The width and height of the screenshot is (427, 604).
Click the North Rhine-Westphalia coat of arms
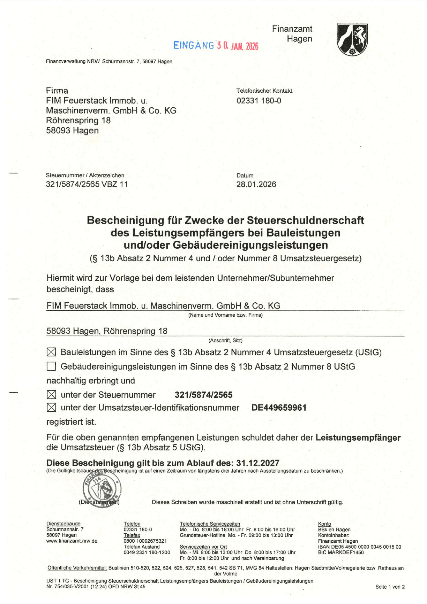[352, 40]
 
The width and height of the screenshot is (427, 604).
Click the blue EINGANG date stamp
[216, 46]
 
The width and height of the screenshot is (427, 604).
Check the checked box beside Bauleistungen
[51, 352]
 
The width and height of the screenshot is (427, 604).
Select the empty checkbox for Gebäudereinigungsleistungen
[51, 366]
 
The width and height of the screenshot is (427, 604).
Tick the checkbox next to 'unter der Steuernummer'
[51, 395]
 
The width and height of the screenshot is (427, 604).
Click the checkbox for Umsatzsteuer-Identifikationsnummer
[51, 408]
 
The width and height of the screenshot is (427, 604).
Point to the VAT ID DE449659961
[279, 408]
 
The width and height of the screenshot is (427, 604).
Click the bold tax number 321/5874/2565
[203, 395]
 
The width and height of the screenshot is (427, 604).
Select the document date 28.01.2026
[256, 184]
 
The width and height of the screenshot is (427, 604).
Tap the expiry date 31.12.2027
[258, 463]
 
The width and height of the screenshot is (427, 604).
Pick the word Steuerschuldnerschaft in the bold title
[305, 220]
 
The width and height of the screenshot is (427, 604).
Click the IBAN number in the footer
[360, 547]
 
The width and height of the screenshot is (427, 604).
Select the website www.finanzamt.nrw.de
[72, 541]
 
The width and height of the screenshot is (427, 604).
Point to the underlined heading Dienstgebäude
[63, 524]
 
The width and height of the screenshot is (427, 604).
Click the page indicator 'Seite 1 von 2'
[390, 587]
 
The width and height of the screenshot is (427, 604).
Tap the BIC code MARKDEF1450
[341, 552]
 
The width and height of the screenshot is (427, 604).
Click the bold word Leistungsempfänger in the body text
[358, 438]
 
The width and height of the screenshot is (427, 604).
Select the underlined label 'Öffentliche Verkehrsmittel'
[77, 568]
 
